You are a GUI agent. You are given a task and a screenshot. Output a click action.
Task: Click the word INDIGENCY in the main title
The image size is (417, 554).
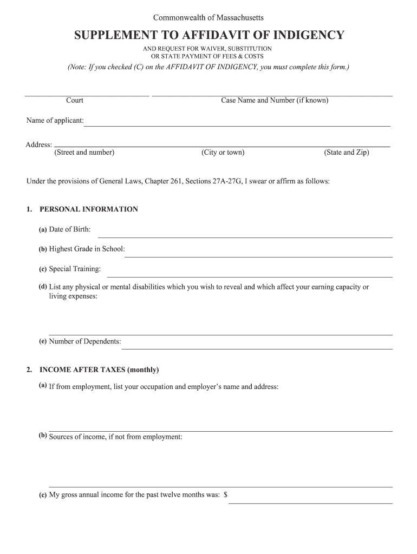(308, 36)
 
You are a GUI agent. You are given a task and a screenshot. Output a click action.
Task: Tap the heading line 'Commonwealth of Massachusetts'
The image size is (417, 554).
(208, 18)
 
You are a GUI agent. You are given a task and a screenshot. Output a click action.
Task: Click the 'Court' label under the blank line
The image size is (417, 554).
(75, 101)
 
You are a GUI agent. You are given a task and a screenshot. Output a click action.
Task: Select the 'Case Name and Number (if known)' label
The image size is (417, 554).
(275, 101)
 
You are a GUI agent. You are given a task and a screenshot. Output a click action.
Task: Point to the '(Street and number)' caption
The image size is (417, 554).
(84, 153)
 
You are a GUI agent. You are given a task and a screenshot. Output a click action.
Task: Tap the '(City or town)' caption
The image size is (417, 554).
(223, 153)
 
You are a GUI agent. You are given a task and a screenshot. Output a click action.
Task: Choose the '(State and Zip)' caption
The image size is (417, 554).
(347, 153)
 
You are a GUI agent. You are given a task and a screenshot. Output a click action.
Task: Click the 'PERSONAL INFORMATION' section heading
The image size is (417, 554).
(89, 209)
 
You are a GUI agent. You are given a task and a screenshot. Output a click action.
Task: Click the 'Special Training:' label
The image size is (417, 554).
(75, 269)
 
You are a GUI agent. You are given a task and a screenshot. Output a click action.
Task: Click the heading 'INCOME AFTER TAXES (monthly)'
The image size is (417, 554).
(99, 370)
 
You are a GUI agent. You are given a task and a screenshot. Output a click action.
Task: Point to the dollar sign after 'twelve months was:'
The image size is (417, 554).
(225, 494)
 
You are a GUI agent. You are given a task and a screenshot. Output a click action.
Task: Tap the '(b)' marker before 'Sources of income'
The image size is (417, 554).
(43, 436)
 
